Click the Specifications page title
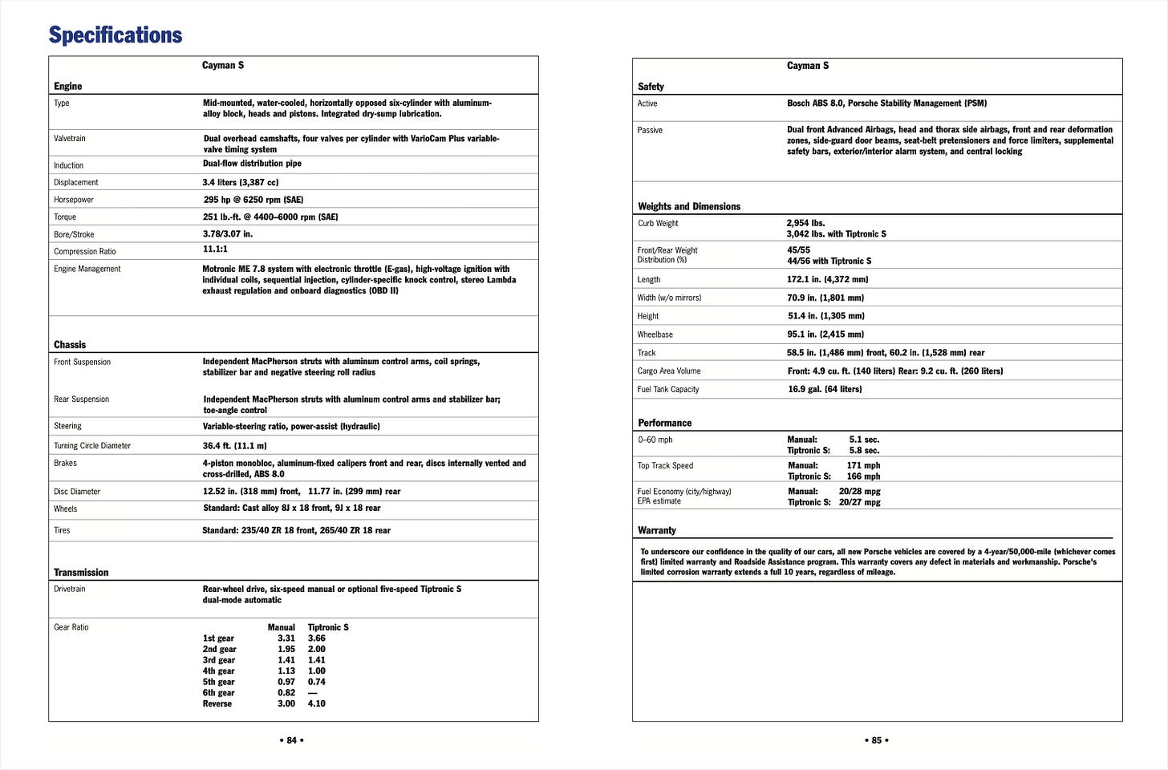click(x=115, y=35)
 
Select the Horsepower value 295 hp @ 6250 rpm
click(x=253, y=200)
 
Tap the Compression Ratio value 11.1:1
click(x=215, y=249)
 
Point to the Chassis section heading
click(x=70, y=345)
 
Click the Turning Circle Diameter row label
click(x=92, y=446)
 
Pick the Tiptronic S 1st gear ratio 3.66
click(x=317, y=638)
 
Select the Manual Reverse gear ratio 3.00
click(x=286, y=703)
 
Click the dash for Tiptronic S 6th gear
click(x=313, y=693)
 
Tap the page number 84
click(x=291, y=740)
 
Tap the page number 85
click(x=876, y=740)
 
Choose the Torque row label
click(x=65, y=217)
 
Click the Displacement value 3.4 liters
click(x=240, y=183)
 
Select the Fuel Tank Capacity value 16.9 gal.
click(x=824, y=389)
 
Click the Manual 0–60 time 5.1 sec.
click(x=864, y=440)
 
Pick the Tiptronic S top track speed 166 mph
click(x=863, y=476)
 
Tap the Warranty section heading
click(x=656, y=530)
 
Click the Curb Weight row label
click(x=658, y=224)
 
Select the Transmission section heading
click(x=80, y=573)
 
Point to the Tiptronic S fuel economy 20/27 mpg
click(x=859, y=502)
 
